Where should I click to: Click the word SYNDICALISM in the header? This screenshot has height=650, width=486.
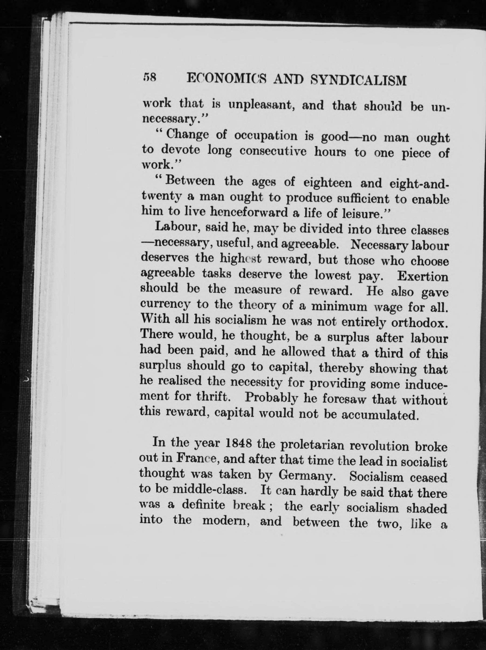point(359,80)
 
